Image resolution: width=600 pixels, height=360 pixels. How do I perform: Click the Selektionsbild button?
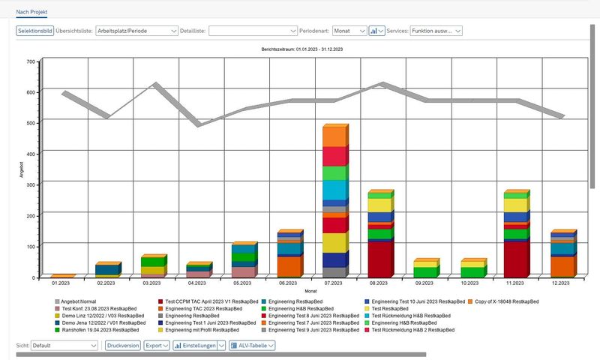click(35, 31)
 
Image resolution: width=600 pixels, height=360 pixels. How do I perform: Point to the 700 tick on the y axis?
click(31, 61)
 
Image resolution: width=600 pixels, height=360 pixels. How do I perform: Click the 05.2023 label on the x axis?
click(243, 283)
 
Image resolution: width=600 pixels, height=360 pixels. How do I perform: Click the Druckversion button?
click(123, 346)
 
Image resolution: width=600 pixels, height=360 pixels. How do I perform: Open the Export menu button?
click(156, 346)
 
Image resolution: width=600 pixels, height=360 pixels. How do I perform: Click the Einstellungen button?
click(198, 346)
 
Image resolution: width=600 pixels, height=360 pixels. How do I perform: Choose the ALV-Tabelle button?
click(256, 346)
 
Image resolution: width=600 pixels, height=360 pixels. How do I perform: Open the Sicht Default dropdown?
click(64, 346)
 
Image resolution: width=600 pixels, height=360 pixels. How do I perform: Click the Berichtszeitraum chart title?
click(303, 49)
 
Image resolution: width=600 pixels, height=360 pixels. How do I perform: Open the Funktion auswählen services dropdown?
click(435, 31)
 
